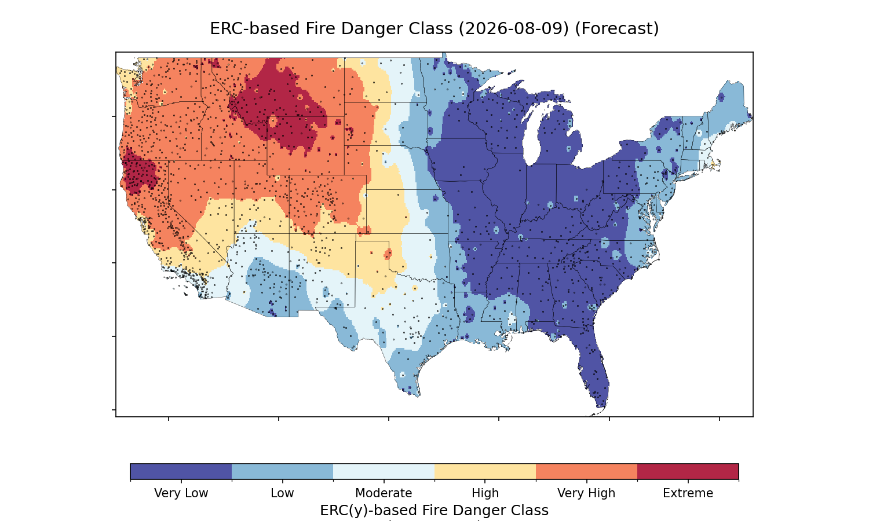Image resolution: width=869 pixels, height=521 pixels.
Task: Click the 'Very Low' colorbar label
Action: point(181,493)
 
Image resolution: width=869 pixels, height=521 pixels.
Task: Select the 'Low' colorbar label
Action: point(282,493)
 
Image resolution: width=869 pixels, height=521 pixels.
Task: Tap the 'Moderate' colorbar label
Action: point(384,493)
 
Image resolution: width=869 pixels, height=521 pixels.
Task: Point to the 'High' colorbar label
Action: point(485,493)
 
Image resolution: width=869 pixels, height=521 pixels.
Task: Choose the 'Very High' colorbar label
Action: point(586,493)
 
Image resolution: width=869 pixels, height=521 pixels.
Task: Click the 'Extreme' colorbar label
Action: point(688,493)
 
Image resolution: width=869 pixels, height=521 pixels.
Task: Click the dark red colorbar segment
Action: point(688,471)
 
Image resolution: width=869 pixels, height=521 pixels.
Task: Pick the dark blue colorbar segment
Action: point(181,471)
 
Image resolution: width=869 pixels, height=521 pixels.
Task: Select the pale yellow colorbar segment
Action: point(485,471)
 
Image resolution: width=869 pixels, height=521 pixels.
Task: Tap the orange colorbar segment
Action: point(586,471)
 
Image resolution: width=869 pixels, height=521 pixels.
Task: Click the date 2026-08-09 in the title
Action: point(514,29)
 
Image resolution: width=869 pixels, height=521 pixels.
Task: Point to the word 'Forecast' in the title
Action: point(617,29)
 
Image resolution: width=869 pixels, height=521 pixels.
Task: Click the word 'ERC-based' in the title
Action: point(254,29)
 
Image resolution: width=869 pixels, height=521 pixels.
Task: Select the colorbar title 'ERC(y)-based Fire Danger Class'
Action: point(434,511)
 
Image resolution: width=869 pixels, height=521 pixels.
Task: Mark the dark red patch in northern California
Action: point(139,173)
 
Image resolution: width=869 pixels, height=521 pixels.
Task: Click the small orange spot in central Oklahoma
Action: point(388,254)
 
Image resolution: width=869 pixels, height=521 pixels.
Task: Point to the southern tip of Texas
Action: point(417,396)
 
